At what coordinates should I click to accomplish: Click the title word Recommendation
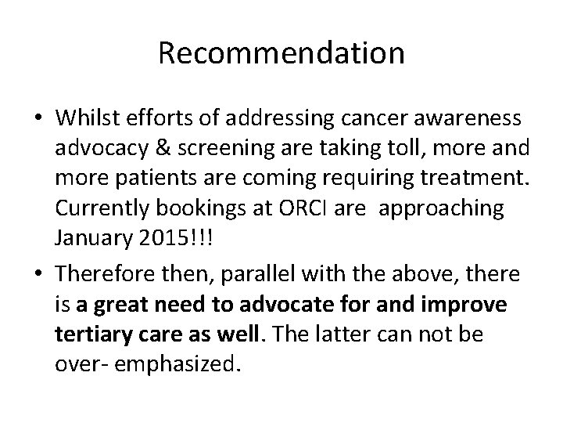point(281,53)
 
